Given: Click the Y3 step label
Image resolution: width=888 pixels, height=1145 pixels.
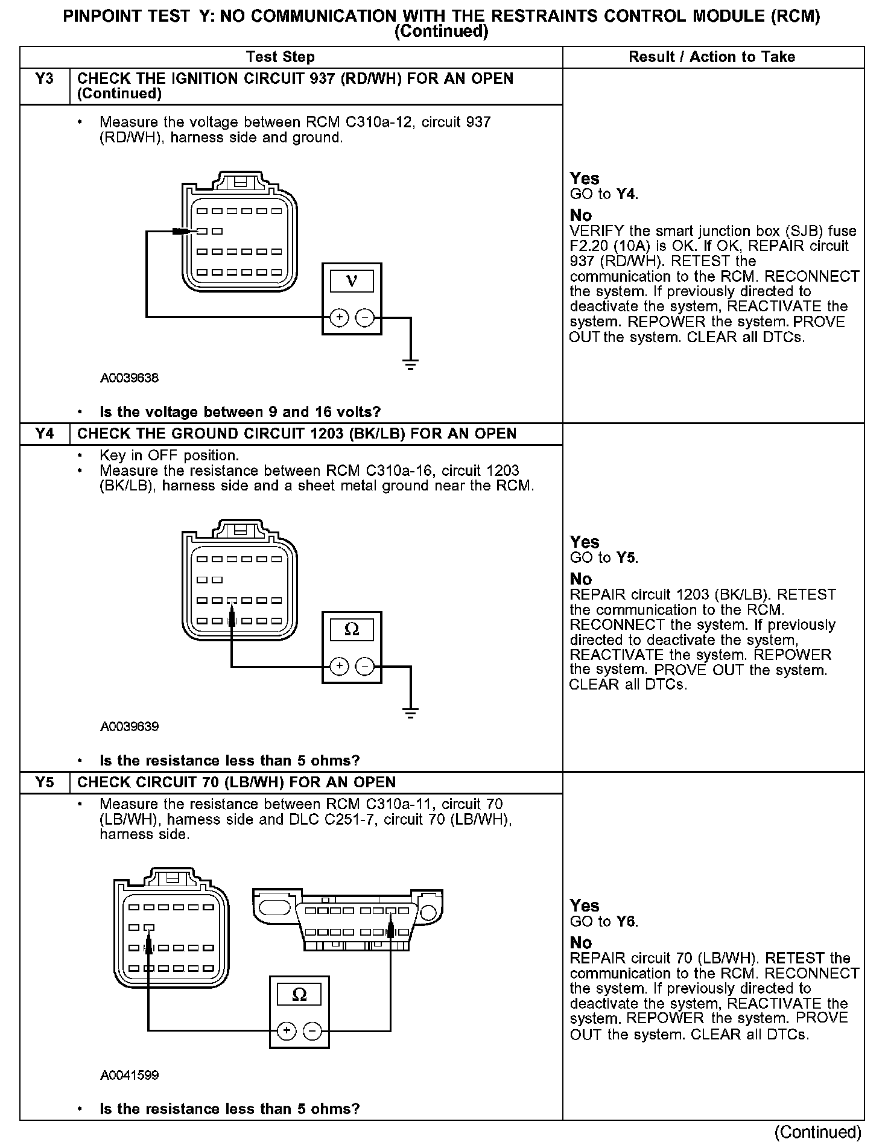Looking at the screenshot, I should pyautogui.click(x=45, y=79).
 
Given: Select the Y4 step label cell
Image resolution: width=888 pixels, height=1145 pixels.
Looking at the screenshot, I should pyautogui.click(x=45, y=434).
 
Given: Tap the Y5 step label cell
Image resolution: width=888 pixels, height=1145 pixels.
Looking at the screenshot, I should pyautogui.click(x=45, y=782).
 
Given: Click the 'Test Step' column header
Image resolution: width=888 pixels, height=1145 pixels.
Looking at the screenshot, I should pyautogui.click(x=280, y=57).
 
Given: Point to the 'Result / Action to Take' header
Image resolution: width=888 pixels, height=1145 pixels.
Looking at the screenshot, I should pyautogui.click(x=712, y=57).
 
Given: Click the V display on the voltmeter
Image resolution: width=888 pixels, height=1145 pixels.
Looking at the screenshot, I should pyautogui.click(x=352, y=281).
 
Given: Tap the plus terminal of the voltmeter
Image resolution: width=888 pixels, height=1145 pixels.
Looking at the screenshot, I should pyautogui.click(x=340, y=317).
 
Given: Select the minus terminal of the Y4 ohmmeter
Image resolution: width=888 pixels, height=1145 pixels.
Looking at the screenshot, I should pyautogui.click(x=364, y=666).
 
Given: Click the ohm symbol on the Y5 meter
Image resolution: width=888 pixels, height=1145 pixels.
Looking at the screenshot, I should pyautogui.click(x=299, y=995).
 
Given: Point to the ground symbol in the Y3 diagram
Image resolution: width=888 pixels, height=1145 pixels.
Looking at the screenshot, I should pyautogui.click(x=410, y=363).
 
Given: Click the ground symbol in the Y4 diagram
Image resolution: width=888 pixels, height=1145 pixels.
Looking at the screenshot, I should pyautogui.click(x=410, y=712).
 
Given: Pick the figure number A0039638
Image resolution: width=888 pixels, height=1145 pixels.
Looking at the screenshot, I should pyautogui.click(x=129, y=378).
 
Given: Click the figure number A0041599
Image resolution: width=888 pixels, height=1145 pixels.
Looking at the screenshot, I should pyautogui.click(x=129, y=1075).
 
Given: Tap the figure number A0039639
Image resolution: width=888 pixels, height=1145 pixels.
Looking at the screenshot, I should pyautogui.click(x=129, y=726).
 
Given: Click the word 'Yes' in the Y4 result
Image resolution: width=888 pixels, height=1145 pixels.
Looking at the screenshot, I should pyautogui.click(x=585, y=542).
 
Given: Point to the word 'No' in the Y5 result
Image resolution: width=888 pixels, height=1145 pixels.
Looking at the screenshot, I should pyautogui.click(x=581, y=942).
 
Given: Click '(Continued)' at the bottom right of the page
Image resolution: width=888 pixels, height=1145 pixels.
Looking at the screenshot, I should pyautogui.click(x=817, y=1132).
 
